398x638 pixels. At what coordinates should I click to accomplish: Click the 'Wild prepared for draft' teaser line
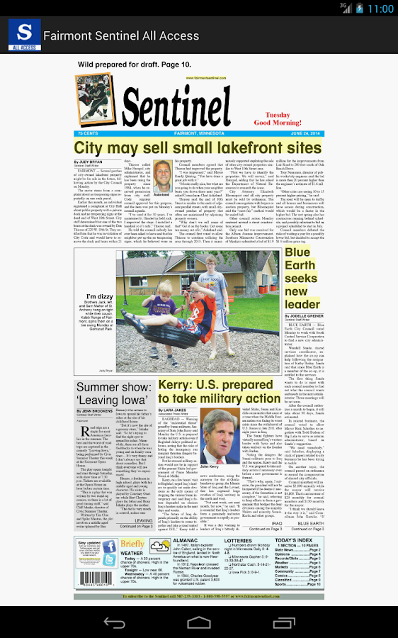point(135,65)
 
